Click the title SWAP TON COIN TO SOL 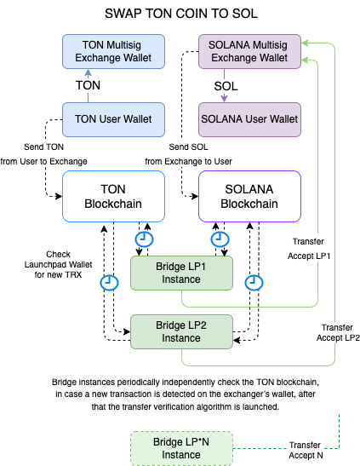click(181, 14)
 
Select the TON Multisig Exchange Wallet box click(113, 51)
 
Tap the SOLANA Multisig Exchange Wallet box click(249, 51)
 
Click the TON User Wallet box click(113, 119)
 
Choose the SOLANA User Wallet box click(249, 119)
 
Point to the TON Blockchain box click(113, 196)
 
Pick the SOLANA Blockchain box click(249, 196)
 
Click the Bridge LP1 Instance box click(181, 273)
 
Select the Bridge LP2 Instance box click(181, 331)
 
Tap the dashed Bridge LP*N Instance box click(181, 448)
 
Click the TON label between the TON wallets click(88, 85)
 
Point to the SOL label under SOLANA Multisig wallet click(226, 86)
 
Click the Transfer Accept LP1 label click(309, 249)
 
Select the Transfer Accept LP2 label click(338, 332)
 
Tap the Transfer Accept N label click(306, 450)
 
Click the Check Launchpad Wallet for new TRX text click(58, 264)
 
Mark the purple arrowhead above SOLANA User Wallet click(224, 98)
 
